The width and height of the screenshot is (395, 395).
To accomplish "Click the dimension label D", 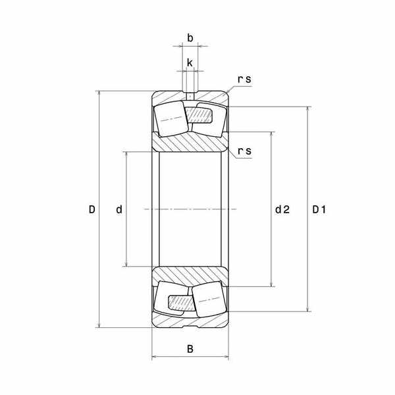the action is click(92, 209).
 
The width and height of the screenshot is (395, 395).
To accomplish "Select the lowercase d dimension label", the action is click(119, 209).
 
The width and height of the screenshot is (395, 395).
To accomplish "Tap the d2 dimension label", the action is click(282, 209).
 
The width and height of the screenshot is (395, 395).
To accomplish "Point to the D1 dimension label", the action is click(319, 209).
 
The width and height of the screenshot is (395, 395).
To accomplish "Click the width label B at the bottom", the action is click(190, 349).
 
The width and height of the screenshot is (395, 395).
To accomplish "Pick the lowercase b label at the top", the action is click(190, 38).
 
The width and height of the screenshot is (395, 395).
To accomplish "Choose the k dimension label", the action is click(190, 63).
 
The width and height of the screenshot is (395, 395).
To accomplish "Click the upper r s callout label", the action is click(244, 79).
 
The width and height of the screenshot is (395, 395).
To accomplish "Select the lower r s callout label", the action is click(244, 151).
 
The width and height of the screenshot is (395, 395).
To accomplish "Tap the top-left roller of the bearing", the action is click(171, 119).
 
